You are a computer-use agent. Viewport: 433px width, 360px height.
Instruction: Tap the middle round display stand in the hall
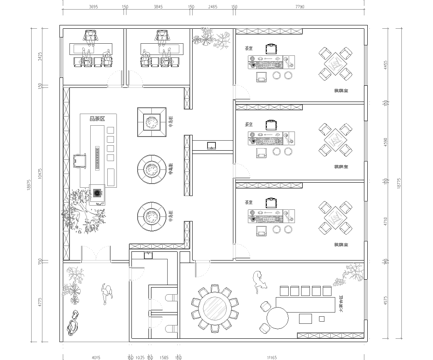tap(151, 168)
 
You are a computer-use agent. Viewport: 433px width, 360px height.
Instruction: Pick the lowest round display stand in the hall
tap(151, 213)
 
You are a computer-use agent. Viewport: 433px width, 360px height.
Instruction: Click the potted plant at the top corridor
tap(210, 40)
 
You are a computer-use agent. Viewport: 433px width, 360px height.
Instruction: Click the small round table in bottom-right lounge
tap(273, 318)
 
